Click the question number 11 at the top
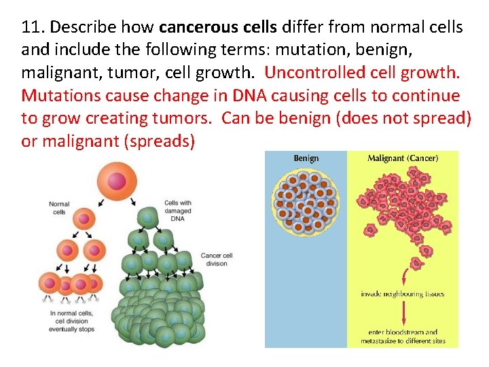pos(31,28)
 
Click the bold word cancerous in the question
pos(192,28)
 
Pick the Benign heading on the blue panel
pos(306,159)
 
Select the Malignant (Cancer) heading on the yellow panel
pos(402,159)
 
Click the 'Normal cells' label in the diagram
pos(59,207)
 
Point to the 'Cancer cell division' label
pos(217,260)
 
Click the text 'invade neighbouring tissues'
pos(403,294)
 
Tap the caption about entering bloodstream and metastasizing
pos(403,336)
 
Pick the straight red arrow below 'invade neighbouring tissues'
pos(403,313)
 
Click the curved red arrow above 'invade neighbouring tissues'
pos(405,276)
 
